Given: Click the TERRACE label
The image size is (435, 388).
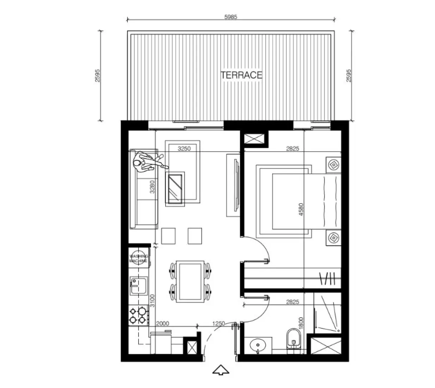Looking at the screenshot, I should pyautogui.click(x=241, y=75).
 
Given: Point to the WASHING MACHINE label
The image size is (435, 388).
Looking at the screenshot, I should pyautogui.click(x=138, y=259).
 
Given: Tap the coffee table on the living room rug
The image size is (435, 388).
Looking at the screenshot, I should pyautogui.click(x=176, y=188).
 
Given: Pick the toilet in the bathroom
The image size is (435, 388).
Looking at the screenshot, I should pyautogui.click(x=293, y=338).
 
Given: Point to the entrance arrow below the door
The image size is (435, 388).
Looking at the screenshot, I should pyautogui.click(x=221, y=370).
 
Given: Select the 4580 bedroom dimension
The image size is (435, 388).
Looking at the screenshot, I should pyautogui.click(x=300, y=209).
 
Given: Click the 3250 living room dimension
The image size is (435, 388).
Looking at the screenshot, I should pyautogui.click(x=184, y=149).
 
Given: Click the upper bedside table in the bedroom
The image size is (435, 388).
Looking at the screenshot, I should pyautogui.click(x=333, y=165).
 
